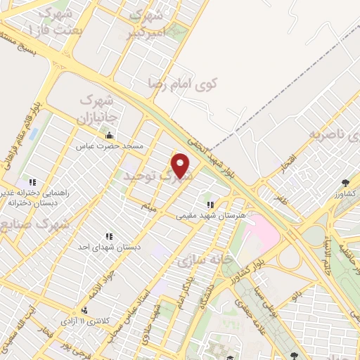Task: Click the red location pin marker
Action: [x=181, y=167]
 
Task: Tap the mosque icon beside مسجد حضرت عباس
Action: [x=108, y=136]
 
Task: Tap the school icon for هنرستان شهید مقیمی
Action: [x=210, y=205]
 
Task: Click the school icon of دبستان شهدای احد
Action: [x=109, y=236]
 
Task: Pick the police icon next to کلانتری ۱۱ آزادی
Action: [x=85, y=310]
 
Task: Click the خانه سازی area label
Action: [x=204, y=259]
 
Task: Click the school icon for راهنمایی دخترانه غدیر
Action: [x=32, y=183]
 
